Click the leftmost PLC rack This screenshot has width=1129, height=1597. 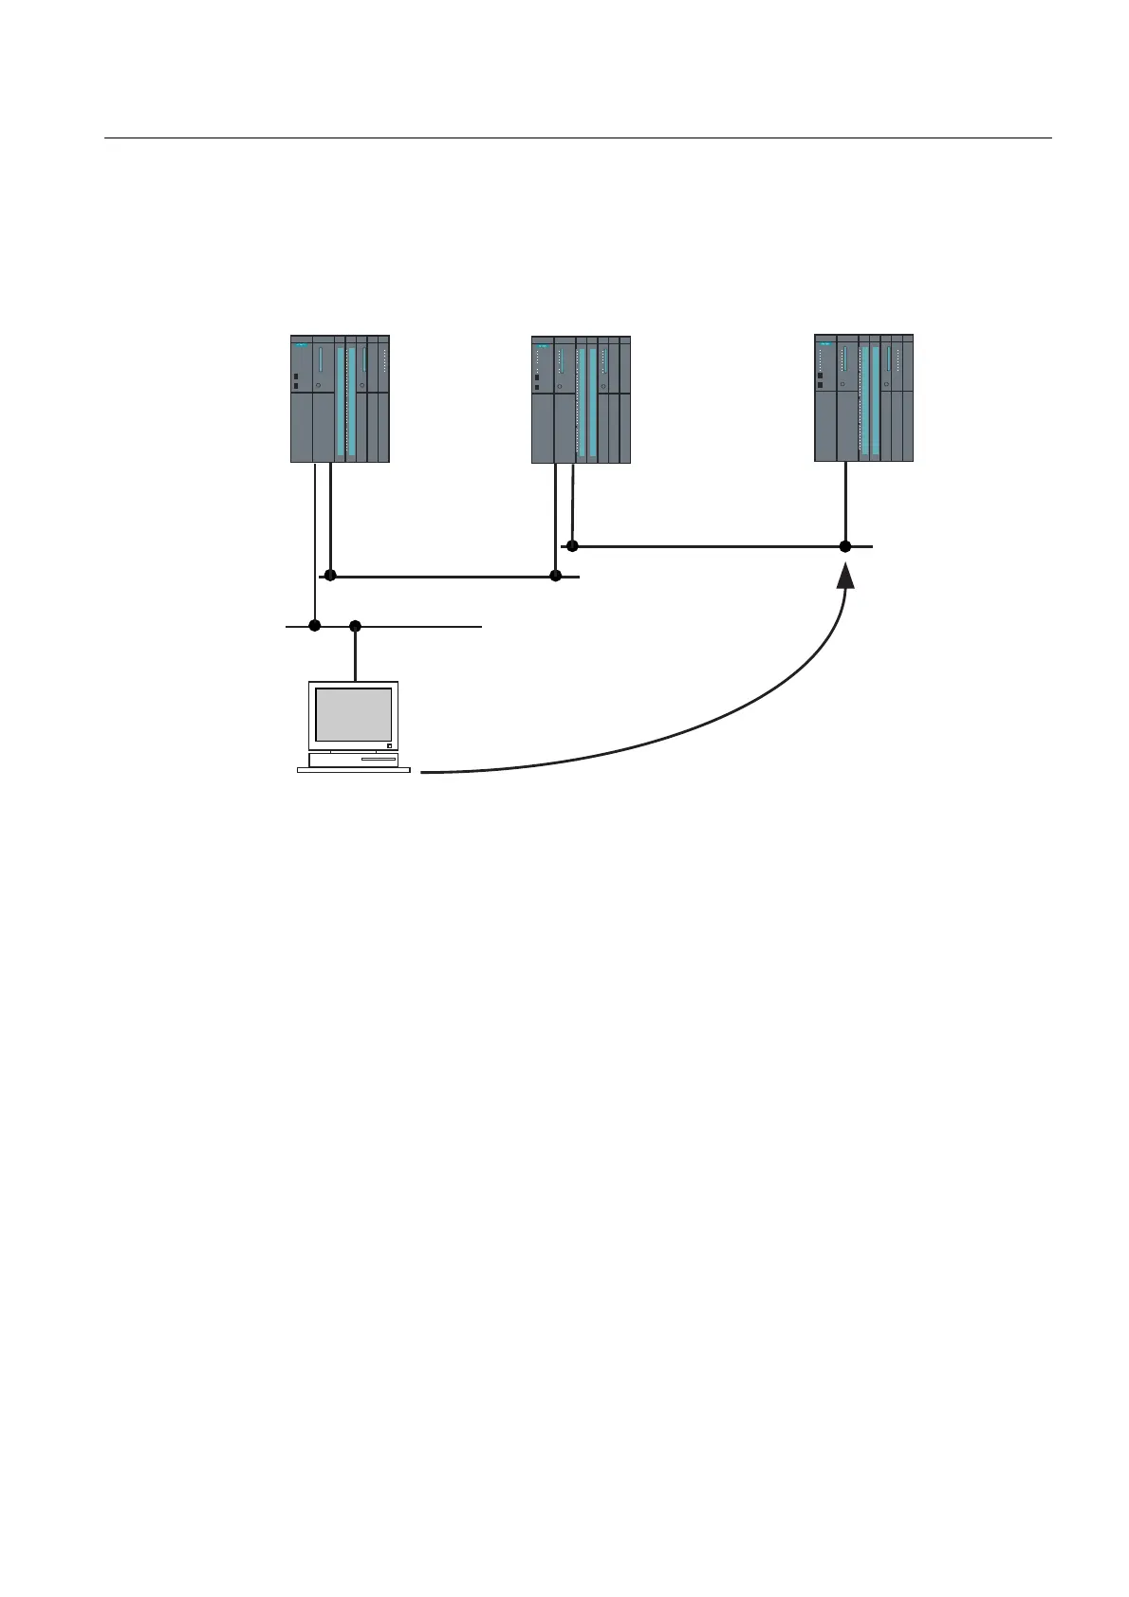[x=340, y=398]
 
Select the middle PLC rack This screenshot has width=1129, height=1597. [x=581, y=399]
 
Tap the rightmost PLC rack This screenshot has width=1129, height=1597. [x=863, y=398]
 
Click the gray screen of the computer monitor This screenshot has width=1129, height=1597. [x=353, y=715]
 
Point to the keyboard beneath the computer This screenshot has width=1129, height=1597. [x=354, y=770]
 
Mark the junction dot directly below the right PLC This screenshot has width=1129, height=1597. [x=844, y=546]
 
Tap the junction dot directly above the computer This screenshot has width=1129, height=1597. [x=355, y=626]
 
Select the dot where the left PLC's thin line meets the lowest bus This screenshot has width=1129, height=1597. [x=315, y=626]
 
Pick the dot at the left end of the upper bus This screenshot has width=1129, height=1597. [x=571, y=545]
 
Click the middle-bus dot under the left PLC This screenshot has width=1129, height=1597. [x=330, y=576]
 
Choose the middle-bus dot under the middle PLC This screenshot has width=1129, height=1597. [x=556, y=576]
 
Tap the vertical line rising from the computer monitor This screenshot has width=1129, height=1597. [x=355, y=654]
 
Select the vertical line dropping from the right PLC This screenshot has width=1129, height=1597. [x=844, y=503]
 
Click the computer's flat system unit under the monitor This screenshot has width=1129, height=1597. [x=353, y=759]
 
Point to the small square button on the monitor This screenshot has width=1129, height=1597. [x=389, y=745]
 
